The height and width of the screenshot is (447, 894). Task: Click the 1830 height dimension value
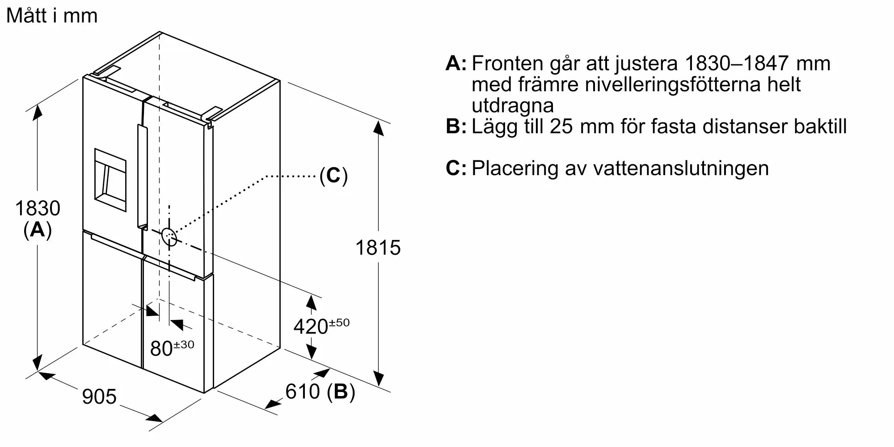(x=38, y=208)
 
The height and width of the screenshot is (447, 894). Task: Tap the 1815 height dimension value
(x=378, y=248)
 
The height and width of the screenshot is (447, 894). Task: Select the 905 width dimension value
(x=99, y=396)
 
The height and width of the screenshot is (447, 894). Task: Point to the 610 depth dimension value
(x=303, y=392)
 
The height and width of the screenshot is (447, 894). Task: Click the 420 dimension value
(x=311, y=327)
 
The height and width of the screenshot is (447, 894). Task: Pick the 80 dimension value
(x=161, y=349)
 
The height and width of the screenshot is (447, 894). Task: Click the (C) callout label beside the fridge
(x=333, y=176)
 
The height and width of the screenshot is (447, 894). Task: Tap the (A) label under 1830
(x=38, y=230)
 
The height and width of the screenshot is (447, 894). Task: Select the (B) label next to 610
(x=341, y=392)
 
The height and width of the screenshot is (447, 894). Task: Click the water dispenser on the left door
(x=110, y=174)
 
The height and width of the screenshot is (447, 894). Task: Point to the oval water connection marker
(x=169, y=237)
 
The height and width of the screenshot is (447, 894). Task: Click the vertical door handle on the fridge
(x=142, y=177)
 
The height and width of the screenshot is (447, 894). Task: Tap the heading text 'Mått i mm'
(x=52, y=16)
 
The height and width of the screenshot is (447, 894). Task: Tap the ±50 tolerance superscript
(x=340, y=322)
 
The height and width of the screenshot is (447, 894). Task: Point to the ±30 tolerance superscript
(x=184, y=344)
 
